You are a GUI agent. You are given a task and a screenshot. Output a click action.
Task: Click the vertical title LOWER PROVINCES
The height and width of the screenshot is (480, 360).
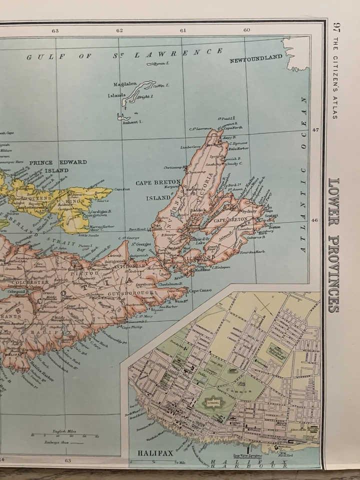[333, 245]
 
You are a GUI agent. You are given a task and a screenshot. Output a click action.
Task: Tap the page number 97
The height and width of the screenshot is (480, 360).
[336, 28]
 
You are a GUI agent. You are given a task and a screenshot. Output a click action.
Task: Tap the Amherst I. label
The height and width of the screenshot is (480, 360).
[133, 121]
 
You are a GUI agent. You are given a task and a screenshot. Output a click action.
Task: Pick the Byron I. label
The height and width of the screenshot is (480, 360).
[162, 63]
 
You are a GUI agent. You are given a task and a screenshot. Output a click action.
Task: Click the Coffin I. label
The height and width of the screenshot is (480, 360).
[161, 85]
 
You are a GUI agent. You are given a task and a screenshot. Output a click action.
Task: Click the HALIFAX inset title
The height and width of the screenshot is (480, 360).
[155, 453]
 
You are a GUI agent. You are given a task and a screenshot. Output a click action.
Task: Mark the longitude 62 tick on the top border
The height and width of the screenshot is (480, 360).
[119, 30]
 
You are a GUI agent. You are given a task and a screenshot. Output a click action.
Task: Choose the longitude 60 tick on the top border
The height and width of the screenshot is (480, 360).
[246, 30]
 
